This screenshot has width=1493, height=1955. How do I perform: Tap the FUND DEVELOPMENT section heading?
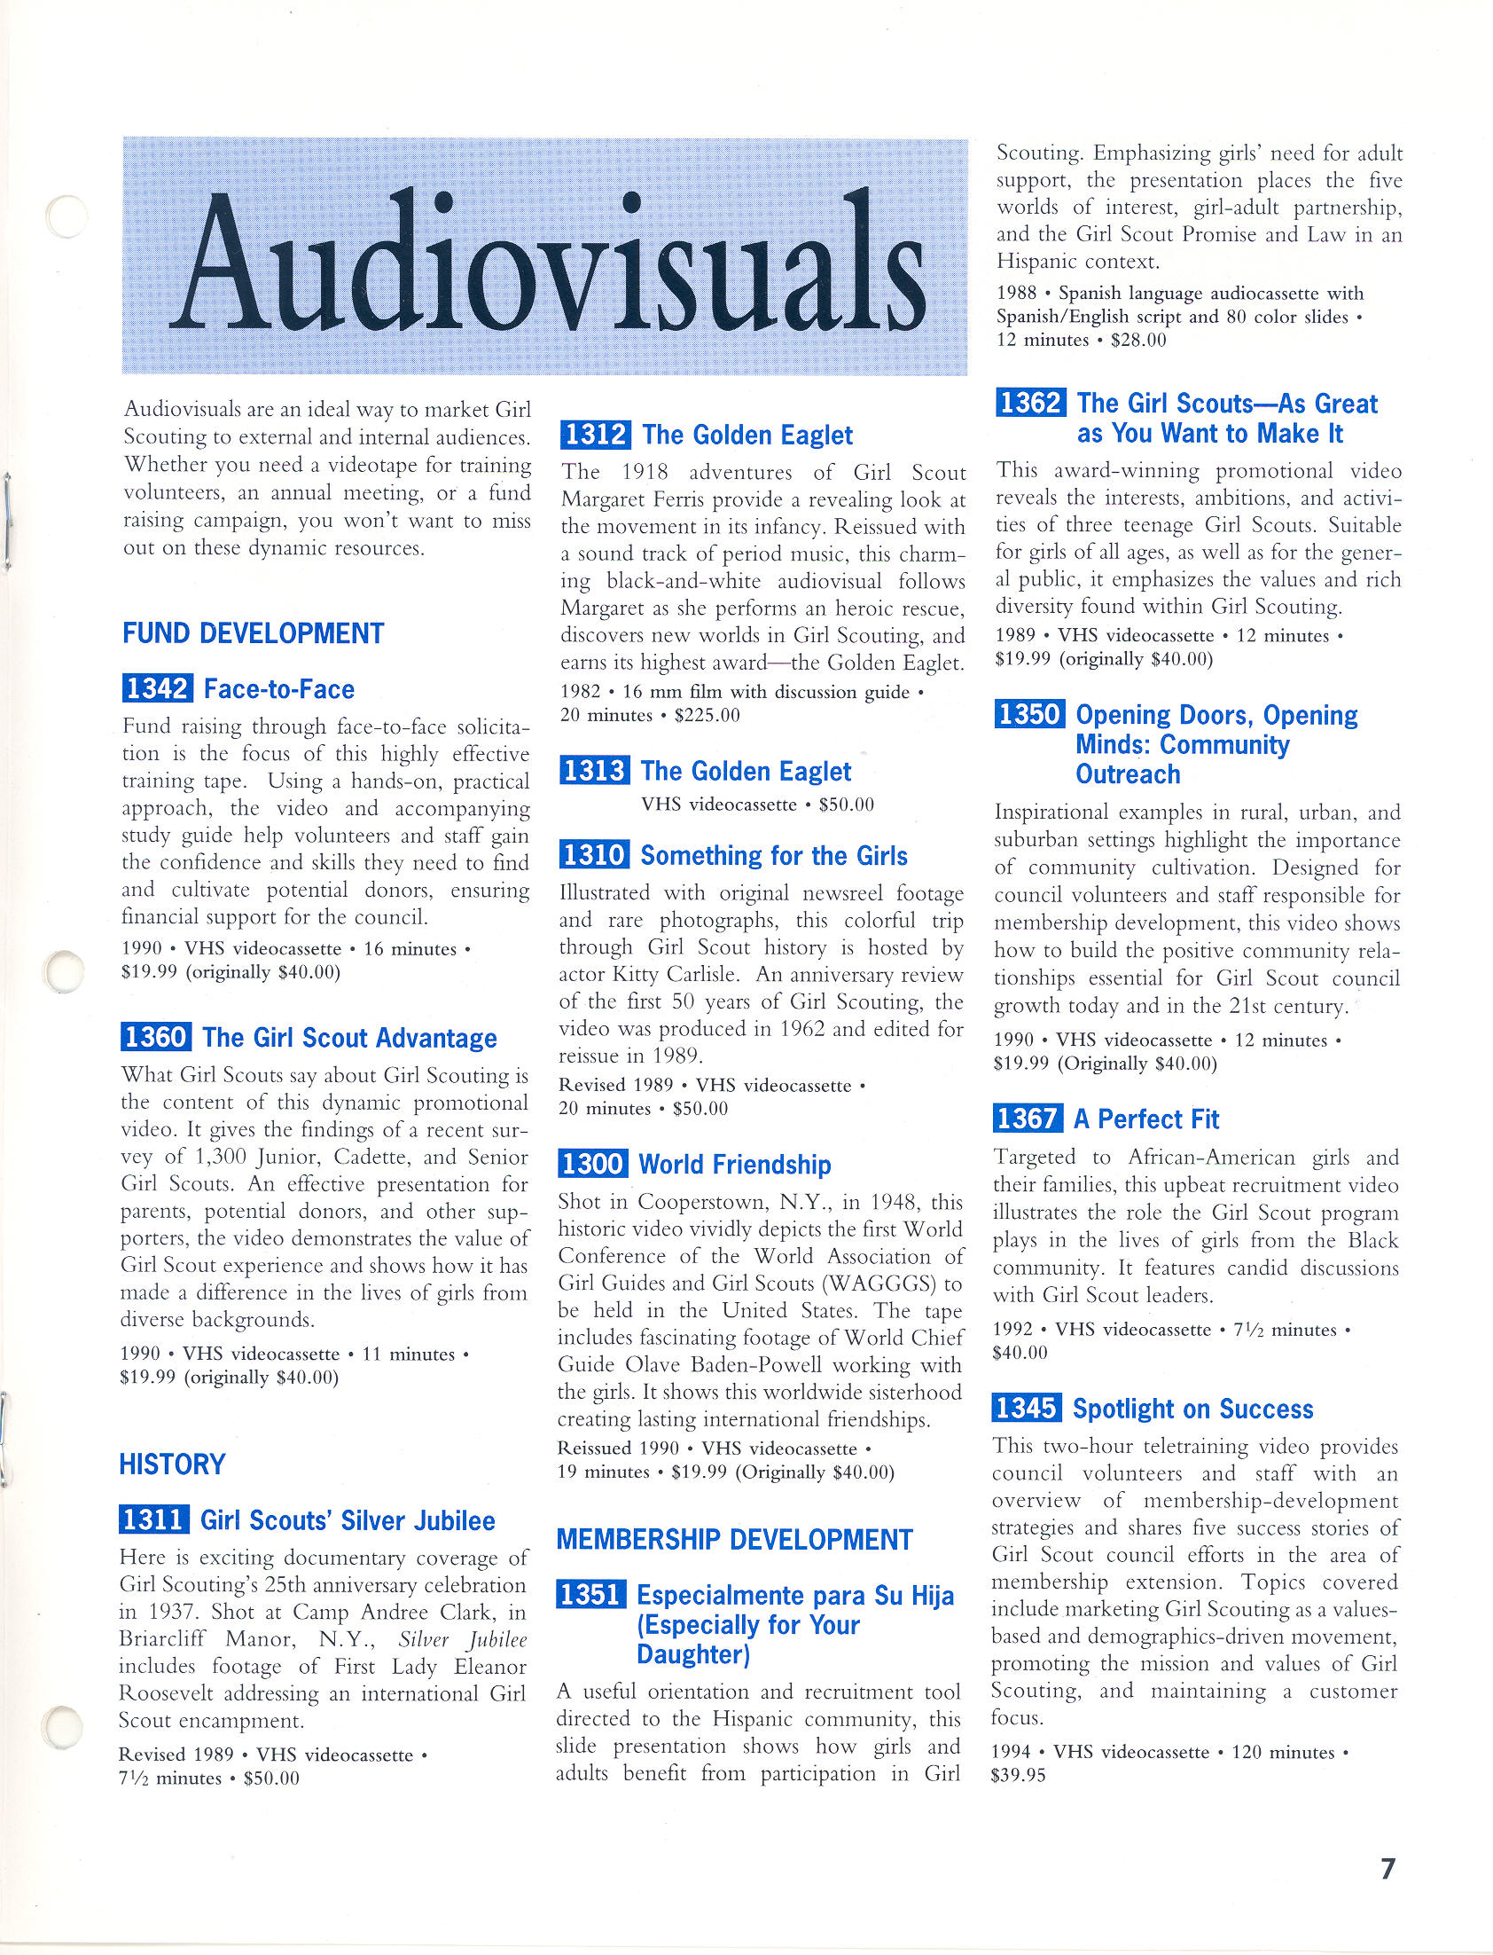point(254,634)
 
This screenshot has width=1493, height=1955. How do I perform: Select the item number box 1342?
point(157,688)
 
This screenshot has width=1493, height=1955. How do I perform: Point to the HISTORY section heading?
point(172,1464)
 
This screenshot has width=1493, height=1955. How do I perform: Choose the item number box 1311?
point(152,1520)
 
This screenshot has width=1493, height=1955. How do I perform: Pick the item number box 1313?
point(594,771)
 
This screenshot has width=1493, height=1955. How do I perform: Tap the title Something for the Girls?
point(773,855)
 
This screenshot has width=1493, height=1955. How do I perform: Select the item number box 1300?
point(593,1164)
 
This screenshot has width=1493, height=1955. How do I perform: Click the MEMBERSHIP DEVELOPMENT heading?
point(734,1540)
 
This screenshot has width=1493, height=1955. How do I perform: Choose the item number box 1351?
point(590,1595)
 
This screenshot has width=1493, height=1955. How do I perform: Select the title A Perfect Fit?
point(1146,1119)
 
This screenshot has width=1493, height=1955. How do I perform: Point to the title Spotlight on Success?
point(1192,1409)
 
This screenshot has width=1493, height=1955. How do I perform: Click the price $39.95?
point(1019,1776)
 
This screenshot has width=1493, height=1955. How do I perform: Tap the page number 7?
point(1388,1869)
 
